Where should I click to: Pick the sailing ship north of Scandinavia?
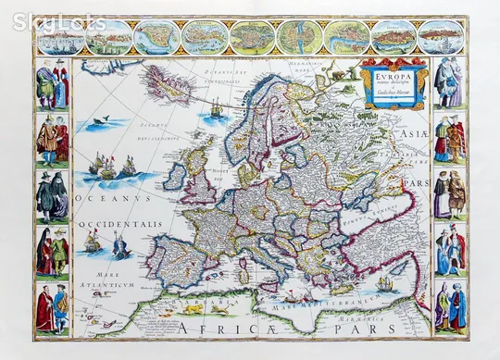point(216,108)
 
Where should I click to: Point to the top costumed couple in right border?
point(448,83)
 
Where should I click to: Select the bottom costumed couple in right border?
point(449,308)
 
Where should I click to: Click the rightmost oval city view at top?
point(440,38)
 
